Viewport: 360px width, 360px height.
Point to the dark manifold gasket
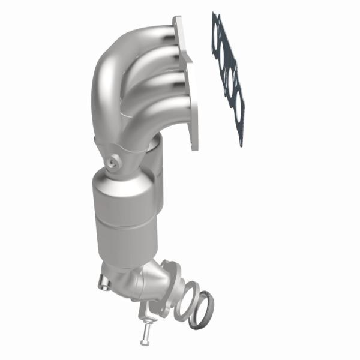tap(228, 78)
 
